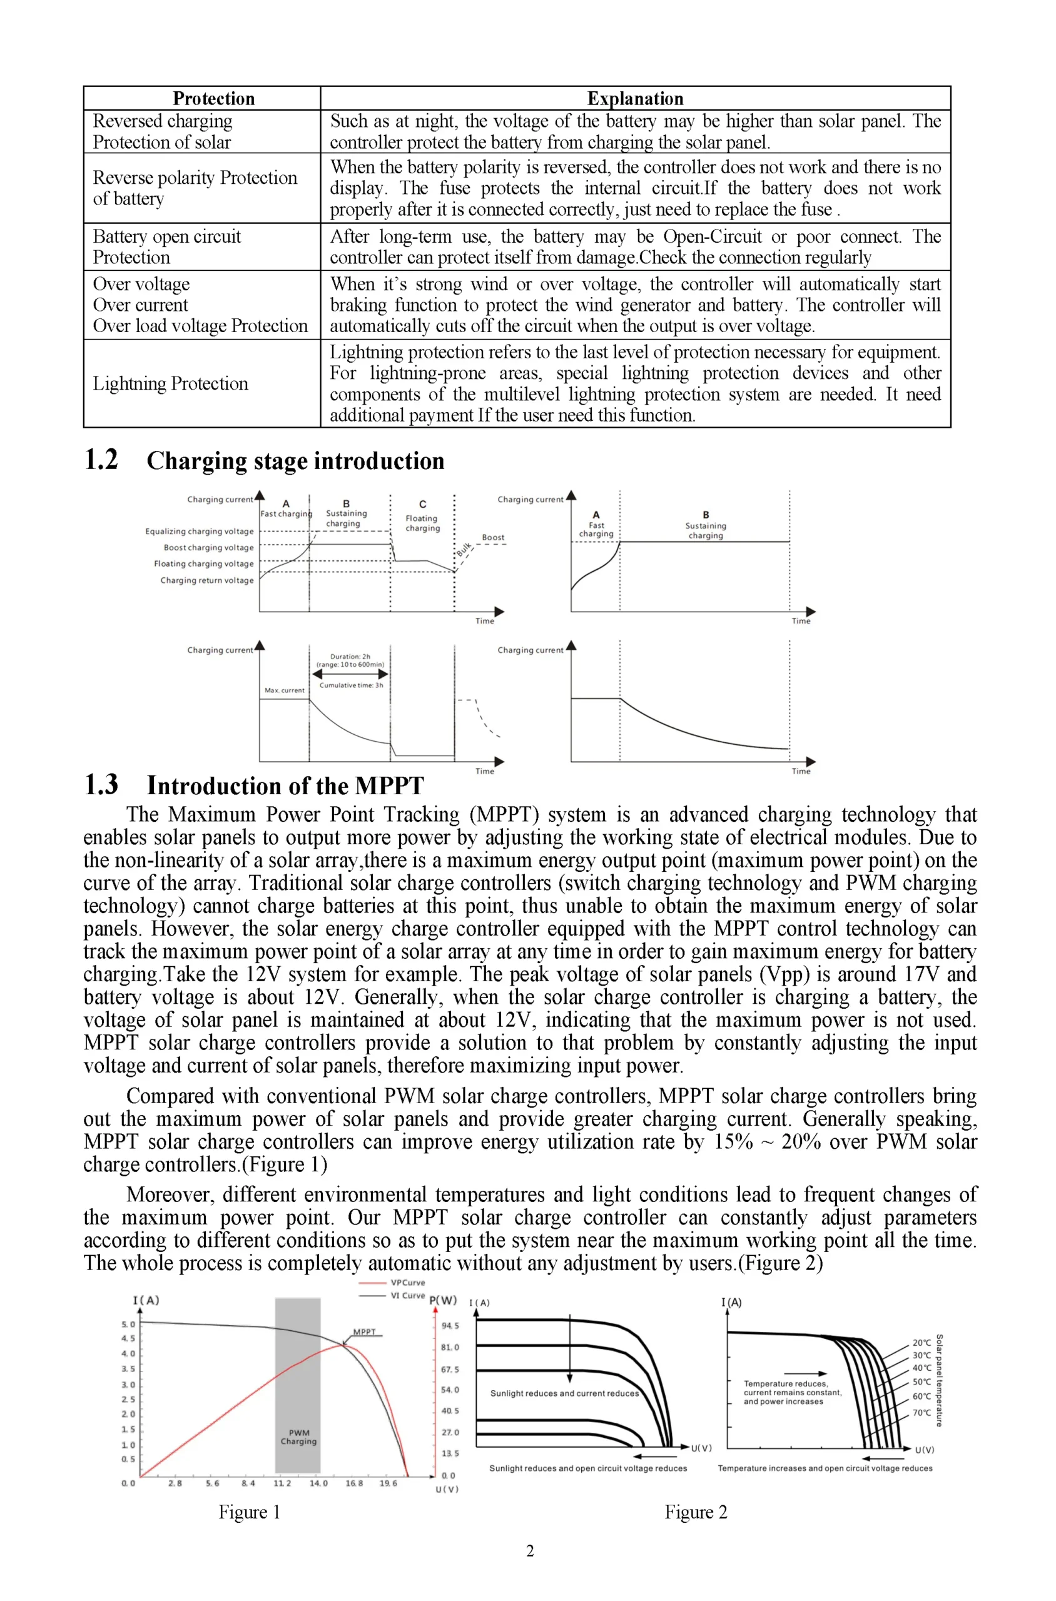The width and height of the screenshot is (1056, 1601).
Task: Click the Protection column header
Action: point(213,98)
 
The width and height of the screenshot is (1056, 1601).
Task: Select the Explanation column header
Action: point(634,98)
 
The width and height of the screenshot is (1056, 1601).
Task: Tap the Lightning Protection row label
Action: point(170,383)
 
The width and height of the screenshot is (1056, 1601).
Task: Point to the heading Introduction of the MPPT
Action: point(285,785)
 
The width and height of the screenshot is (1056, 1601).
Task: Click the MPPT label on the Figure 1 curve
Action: point(364,1331)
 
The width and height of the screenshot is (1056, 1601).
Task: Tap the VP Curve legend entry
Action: point(407,1283)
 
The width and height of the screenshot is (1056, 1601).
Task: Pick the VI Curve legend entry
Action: point(407,1295)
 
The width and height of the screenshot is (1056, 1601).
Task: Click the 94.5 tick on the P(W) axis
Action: point(450,1326)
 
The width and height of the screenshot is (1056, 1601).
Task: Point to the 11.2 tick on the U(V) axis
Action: point(282,1483)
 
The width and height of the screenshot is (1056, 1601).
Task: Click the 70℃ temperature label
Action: point(921,1413)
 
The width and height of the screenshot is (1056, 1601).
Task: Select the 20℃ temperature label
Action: point(921,1343)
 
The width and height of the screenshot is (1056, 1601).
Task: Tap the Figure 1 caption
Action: point(248,1512)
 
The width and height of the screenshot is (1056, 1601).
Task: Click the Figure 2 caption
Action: point(695,1512)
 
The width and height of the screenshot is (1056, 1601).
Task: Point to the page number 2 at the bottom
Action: point(529,1551)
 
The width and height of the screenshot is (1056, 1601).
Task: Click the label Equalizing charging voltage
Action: point(200,531)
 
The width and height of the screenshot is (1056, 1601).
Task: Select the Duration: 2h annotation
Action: point(350,657)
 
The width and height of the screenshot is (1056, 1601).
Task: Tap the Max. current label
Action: point(284,690)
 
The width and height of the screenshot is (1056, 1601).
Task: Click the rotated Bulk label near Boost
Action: point(464,550)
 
